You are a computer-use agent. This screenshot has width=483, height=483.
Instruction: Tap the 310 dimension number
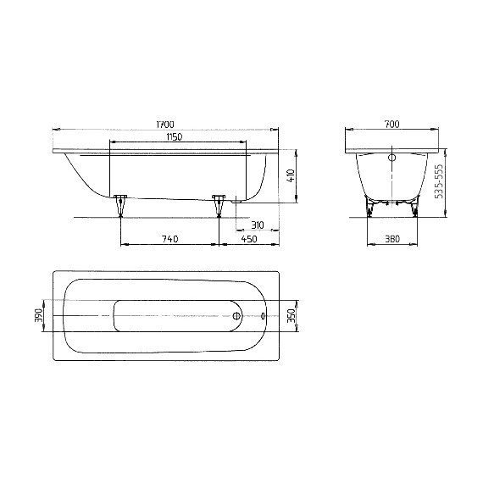258,225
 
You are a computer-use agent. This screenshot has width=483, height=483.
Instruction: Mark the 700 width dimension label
391,125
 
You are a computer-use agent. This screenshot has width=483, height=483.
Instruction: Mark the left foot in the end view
369,206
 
